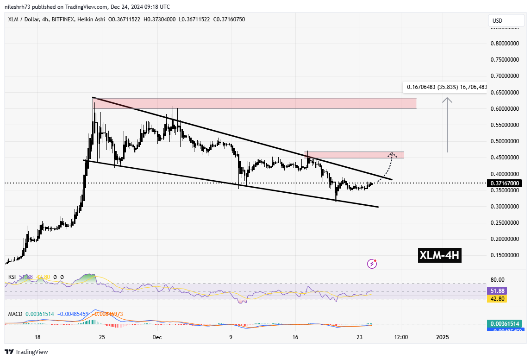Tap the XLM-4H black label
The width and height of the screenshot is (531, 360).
(x=439, y=255)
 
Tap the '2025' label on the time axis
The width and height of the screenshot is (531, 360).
(x=443, y=337)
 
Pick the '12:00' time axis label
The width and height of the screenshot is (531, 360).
(x=401, y=337)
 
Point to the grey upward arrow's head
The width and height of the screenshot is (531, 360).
(x=447, y=99)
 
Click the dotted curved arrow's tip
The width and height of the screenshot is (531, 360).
(x=392, y=153)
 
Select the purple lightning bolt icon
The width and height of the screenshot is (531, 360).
(x=372, y=264)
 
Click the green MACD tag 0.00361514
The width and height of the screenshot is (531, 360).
(x=506, y=324)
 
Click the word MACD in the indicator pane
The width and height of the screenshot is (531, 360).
(x=15, y=314)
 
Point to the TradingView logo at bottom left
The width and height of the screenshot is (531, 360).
(x=26, y=352)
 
